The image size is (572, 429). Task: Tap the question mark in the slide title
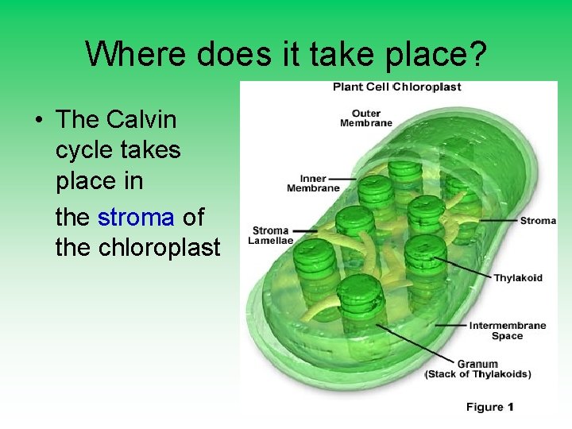coord(476,54)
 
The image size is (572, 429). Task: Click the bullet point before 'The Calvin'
coord(38,121)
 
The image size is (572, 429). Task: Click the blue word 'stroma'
coord(136,216)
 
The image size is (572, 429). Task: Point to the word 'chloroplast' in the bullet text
coord(159,248)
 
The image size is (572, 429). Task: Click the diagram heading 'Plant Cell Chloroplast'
coord(396,87)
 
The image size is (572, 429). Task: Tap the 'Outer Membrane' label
coord(366,118)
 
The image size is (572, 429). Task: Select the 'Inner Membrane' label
coord(313,184)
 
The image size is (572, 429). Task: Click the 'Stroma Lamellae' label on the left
coord(271,235)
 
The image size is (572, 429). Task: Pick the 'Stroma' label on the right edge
coord(538,220)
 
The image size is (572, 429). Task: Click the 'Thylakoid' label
coord(518,277)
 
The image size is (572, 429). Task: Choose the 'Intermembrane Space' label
coord(507,330)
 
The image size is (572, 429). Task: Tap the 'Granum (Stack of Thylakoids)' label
coord(477,369)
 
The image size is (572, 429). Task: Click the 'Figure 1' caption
coord(489,407)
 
